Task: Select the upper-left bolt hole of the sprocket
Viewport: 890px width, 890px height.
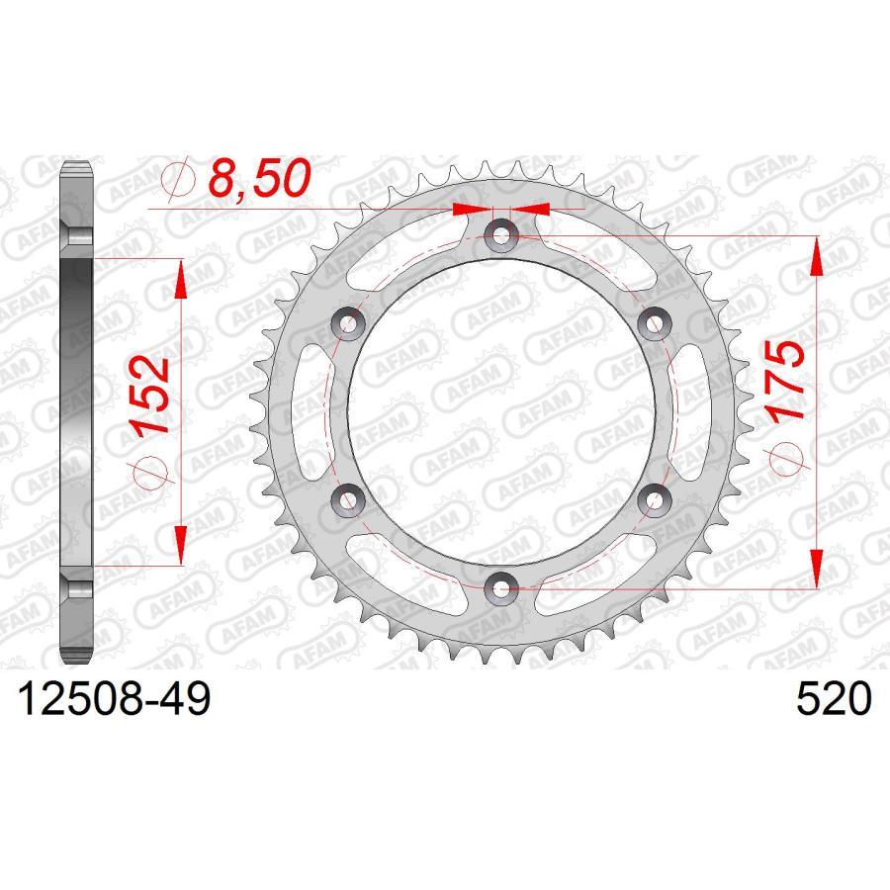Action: pos(348,323)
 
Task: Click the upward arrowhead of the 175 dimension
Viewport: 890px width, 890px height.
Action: pos(814,257)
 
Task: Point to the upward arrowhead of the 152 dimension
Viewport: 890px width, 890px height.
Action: pos(181,279)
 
